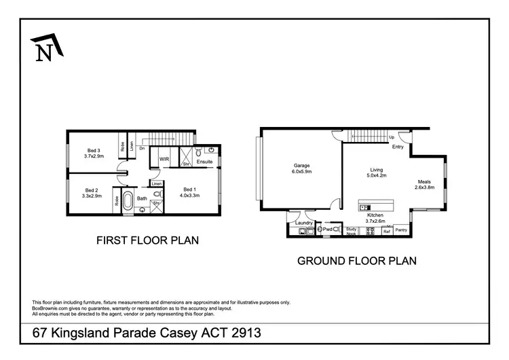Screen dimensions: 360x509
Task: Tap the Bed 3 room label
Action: click(94, 150)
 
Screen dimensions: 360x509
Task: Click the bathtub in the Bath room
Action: click(128, 200)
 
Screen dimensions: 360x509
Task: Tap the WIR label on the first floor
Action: click(164, 159)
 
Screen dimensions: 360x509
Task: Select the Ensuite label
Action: click(205, 162)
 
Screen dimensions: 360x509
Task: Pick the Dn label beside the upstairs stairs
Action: click(142, 147)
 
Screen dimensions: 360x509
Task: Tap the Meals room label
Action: click(424, 182)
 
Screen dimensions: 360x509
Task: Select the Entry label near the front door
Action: click(398, 146)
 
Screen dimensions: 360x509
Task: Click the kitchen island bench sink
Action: click(366, 207)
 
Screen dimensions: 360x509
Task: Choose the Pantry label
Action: click(402, 231)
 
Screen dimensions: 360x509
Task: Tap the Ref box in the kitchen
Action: click(387, 232)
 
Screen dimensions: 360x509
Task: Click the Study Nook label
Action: click(351, 231)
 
